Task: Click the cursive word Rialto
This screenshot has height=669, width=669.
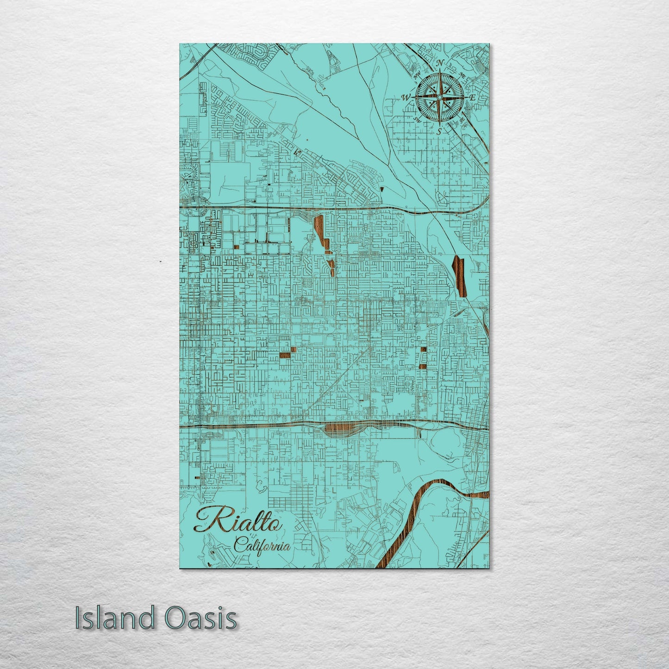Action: coord(238,519)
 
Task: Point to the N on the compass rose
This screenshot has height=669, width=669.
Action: coord(441,63)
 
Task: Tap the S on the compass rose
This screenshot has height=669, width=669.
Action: coord(439,131)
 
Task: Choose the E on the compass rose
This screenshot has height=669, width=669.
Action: coord(472,98)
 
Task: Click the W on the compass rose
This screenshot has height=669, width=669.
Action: coord(406,98)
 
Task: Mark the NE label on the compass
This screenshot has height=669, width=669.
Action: coord(462,75)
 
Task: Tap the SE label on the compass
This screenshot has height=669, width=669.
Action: coord(462,120)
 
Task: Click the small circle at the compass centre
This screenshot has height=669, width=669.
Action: coord(439,97)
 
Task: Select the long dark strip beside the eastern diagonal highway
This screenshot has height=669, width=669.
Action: coord(459,275)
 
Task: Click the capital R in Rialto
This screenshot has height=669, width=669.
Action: coord(208,519)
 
